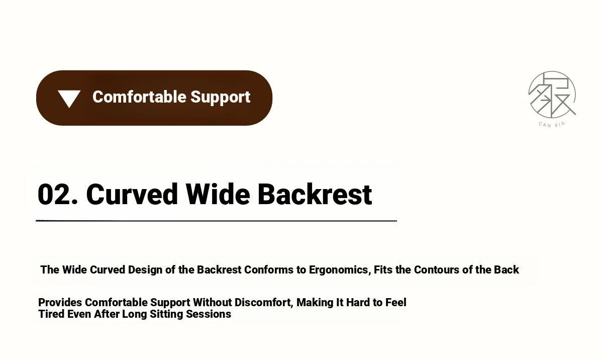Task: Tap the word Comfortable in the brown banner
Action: tap(140, 97)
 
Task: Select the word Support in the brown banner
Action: tap(221, 98)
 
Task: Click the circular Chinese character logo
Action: tap(552, 95)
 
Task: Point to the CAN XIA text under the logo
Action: tap(552, 125)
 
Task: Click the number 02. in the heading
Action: tap(58, 194)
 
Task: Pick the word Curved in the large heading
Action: tap(132, 194)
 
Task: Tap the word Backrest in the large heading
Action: tap(315, 194)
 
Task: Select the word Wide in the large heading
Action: tap(218, 194)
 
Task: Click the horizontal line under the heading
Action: tap(216, 221)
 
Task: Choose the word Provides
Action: tap(60, 302)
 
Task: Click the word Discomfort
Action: tap(263, 303)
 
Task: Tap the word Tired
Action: tap(51, 314)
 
